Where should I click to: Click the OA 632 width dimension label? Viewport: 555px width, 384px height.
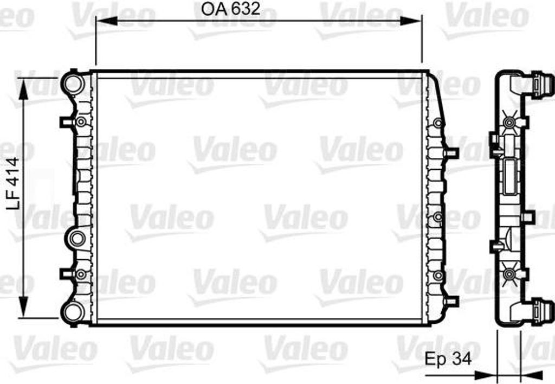(x=230, y=9)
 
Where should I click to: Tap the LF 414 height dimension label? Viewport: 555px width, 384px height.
(x=14, y=183)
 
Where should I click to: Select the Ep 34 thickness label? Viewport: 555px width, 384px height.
(x=448, y=359)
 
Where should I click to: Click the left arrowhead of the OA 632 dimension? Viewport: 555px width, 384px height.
(x=107, y=21)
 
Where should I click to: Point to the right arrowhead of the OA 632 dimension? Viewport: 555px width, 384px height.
(x=411, y=21)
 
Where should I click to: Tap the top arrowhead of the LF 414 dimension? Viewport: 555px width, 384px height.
(x=23, y=89)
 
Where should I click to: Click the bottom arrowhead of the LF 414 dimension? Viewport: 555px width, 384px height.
(x=23, y=307)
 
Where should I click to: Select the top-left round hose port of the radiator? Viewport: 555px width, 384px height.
(x=73, y=83)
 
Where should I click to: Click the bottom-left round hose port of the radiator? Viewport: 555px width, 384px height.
(x=73, y=312)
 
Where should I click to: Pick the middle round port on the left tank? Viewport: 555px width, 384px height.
(x=77, y=239)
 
